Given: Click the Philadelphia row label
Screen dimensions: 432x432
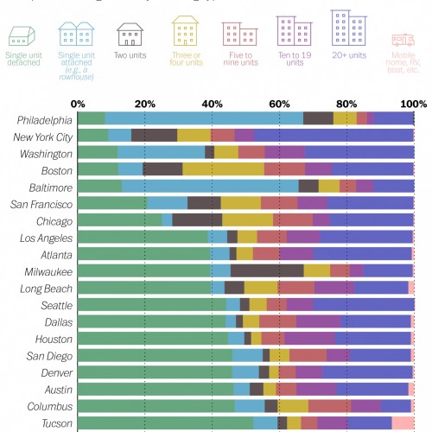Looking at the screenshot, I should [44, 118].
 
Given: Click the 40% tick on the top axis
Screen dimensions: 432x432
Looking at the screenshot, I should [212, 104].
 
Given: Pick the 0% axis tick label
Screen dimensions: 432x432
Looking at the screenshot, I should [78, 104].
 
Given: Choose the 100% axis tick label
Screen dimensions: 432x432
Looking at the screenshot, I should [412, 104].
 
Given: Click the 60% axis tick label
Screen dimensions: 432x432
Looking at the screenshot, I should [279, 104].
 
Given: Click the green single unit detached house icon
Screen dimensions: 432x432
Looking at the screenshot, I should [22, 35].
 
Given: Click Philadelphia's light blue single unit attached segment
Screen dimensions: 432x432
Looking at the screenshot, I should [204, 118].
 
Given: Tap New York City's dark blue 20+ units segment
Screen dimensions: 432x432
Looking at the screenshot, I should [334, 136].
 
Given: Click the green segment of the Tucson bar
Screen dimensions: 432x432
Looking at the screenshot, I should [165, 423].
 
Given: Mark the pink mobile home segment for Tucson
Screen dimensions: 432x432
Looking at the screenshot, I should [403, 423].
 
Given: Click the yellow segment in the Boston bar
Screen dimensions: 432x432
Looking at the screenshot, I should [224, 169].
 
